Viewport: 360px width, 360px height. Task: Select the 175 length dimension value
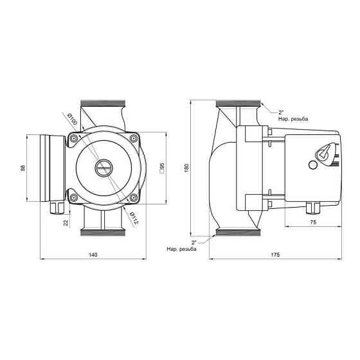[x=275, y=255]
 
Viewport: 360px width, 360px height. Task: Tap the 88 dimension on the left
[x=22, y=167]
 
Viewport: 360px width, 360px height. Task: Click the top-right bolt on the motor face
[x=132, y=139]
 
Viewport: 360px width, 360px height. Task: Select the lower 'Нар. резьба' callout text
[x=181, y=249]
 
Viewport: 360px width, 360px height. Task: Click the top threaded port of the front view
[x=103, y=105]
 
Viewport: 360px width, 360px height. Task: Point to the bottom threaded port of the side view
[x=237, y=233]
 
